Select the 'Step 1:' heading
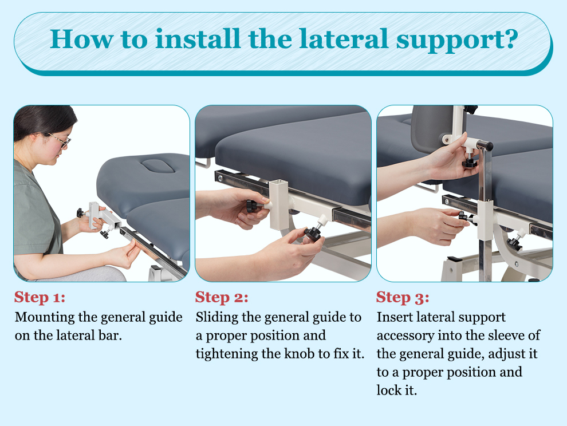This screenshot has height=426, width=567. point(40,297)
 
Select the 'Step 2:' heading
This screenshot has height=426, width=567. point(222,297)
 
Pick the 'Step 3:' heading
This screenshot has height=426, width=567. point(403,297)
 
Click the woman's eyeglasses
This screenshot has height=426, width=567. point(60,140)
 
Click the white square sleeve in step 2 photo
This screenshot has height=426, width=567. point(279,204)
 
